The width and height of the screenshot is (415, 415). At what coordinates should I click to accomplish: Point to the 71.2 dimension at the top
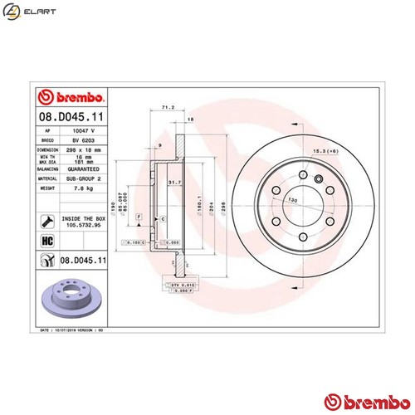(167, 107)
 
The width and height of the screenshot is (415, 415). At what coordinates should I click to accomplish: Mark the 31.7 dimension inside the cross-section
(173, 183)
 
